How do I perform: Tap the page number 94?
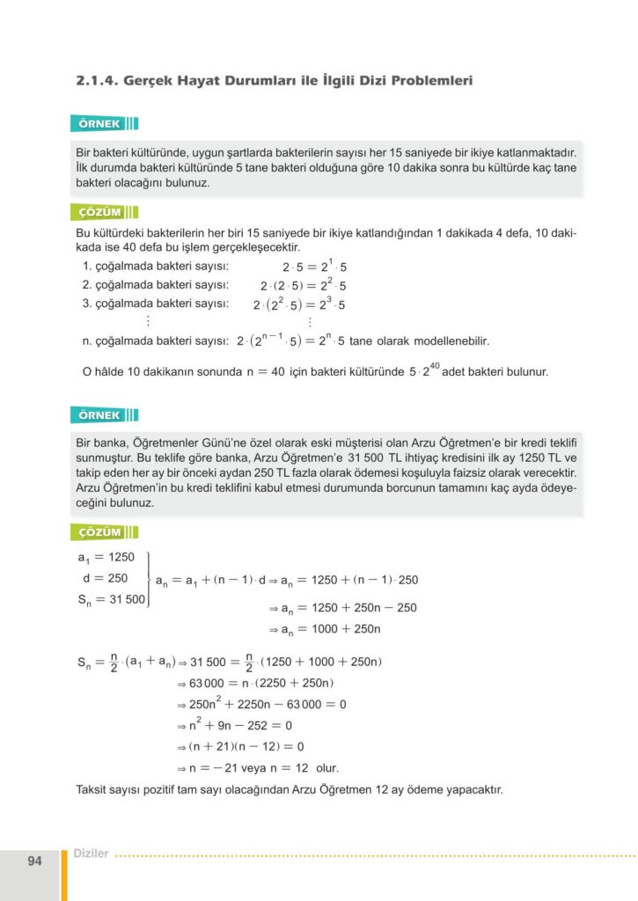coord(34,861)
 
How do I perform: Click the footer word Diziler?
coord(92,853)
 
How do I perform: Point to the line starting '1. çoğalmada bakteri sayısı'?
coord(155,267)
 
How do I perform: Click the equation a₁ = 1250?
coord(104,558)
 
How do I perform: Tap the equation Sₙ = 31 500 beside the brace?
coord(110,600)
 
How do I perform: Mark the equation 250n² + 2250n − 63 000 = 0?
coord(268,704)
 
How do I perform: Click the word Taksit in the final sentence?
coord(93,789)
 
